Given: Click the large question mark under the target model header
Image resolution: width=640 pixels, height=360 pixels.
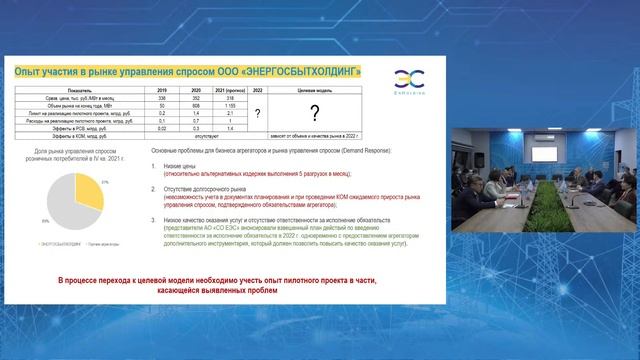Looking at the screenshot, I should point(313,113).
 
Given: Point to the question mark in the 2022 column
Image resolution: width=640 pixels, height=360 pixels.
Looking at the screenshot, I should point(257,113).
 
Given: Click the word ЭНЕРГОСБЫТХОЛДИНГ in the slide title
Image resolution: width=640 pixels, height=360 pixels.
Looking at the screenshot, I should point(301,70).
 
